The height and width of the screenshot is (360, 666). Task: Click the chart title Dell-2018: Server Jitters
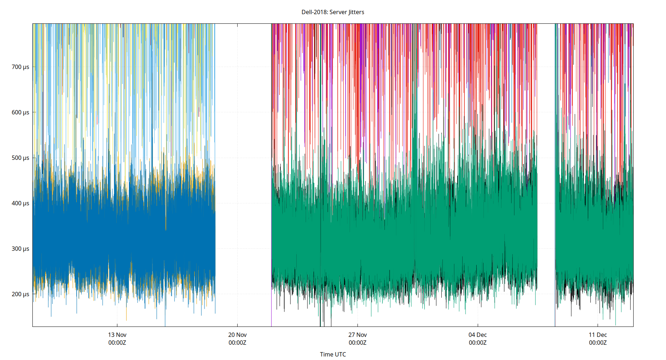click(333, 12)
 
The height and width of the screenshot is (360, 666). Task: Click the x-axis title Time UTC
click(333, 354)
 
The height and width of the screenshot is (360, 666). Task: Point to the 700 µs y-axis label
click(20, 67)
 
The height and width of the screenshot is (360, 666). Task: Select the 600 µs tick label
click(20, 112)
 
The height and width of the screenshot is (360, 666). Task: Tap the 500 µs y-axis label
click(20, 158)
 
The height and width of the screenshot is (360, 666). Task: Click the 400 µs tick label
click(20, 203)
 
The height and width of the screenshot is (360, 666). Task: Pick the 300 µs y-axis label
click(20, 249)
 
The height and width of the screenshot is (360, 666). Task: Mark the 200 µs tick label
click(20, 294)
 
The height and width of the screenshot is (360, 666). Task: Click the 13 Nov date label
click(117, 335)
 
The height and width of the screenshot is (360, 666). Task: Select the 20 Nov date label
click(237, 335)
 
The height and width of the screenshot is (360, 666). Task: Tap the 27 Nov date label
click(357, 335)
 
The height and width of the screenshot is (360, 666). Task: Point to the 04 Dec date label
click(477, 335)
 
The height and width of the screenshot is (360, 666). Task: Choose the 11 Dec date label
click(598, 335)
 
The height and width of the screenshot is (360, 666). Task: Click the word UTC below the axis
click(340, 354)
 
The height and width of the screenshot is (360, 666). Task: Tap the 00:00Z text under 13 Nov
click(117, 343)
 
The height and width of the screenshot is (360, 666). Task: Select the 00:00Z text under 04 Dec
click(477, 343)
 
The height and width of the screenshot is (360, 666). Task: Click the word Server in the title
click(338, 12)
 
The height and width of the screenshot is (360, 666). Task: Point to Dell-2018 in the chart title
click(314, 12)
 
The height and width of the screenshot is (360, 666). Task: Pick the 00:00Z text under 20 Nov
click(237, 343)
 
